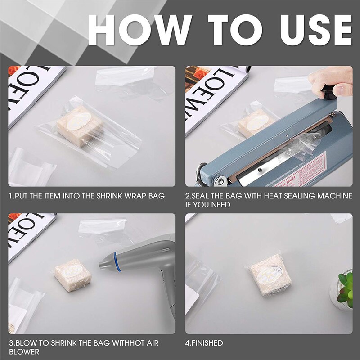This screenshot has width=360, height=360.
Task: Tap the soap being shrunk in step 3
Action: (72, 275)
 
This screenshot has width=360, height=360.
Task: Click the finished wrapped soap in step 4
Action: (270, 274)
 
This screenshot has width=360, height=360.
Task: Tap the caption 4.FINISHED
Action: (204, 343)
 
